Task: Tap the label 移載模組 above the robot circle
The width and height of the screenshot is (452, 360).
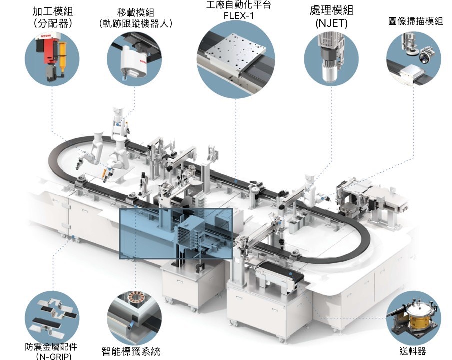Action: tap(135, 12)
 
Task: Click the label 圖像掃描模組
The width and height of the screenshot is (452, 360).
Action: tap(415, 21)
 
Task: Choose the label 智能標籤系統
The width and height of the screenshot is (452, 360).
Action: tap(131, 351)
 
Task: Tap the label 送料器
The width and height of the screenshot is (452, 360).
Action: tap(413, 351)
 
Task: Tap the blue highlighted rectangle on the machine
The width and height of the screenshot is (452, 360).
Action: tap(176, 233)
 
